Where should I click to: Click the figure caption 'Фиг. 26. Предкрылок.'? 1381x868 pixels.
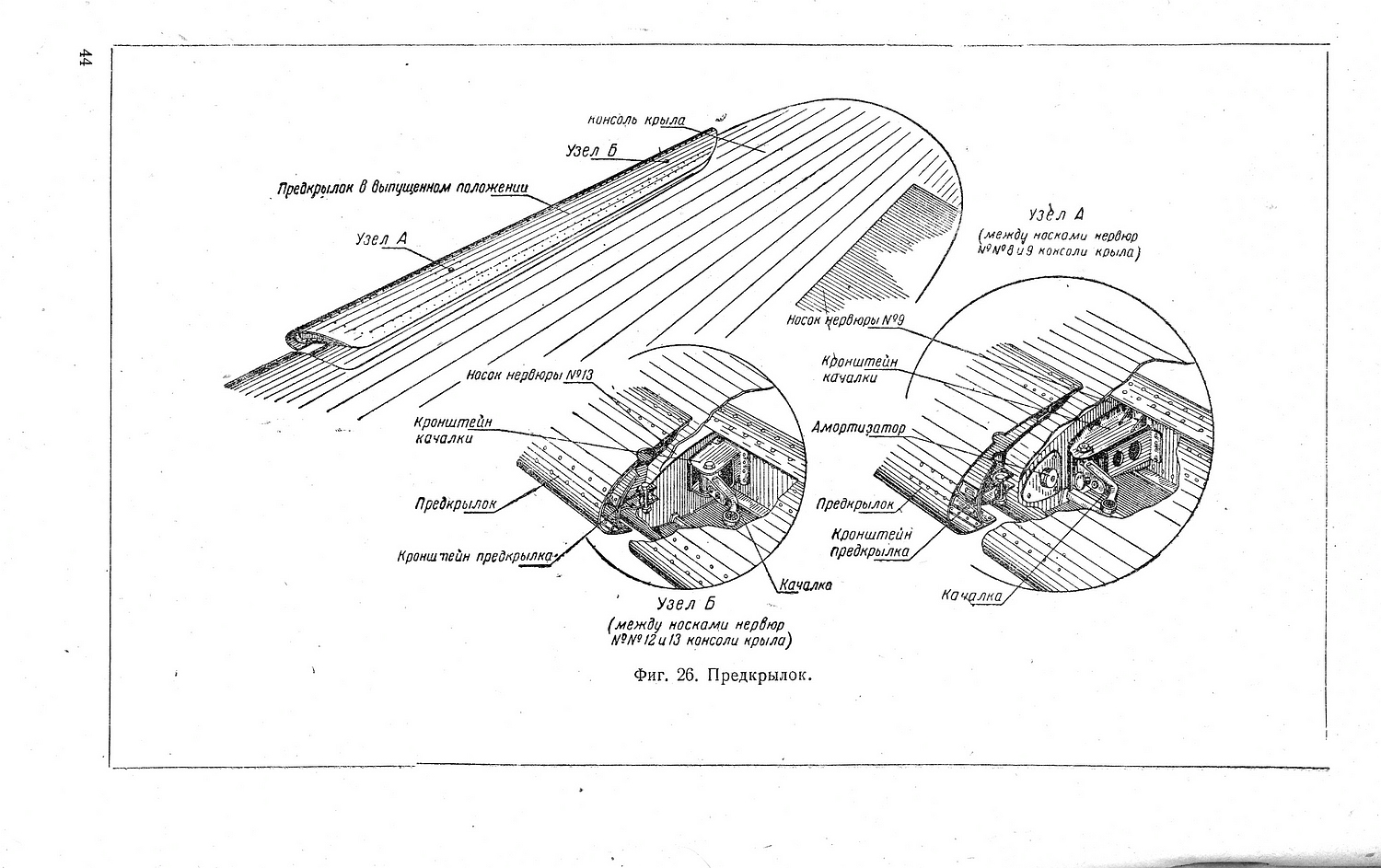pyautogui.click(x=723, y=675)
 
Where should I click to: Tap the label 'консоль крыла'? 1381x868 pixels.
pyautogui.click(x=636, y=121)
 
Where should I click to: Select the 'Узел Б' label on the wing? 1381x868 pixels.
pyautogui.click(x=591, y=151)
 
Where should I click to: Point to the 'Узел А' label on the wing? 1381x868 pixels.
pyautogui.click(x=381, y=239)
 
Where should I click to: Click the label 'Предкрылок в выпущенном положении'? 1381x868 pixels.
pyautogui.click(x=403, y=189)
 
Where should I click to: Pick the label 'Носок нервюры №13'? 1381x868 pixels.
pyautogui.click(x=529, y=376)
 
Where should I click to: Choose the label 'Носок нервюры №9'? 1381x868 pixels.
pyautogui.click(x=842, y=320)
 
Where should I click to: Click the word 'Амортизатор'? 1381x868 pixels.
pyautogui.click(x=858, y=428)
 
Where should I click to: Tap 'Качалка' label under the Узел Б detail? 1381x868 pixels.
pyautogui.click(x=806, y=584)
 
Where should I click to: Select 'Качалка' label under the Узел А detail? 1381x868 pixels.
pyautogui.click(x=971, y=596)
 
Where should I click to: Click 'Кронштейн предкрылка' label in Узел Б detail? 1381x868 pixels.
pyautogui.click(x=475, y=557)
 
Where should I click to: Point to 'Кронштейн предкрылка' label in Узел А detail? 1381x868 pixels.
pyautogui.click(x=871, y=543)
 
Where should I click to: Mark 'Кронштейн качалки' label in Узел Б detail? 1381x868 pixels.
pyautogui.click(x=452, y=430)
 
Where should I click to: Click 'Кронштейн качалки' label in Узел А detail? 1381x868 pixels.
pyautogui.click(x=859, y=369)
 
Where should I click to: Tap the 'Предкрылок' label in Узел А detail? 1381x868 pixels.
pyautogui.click(x=854, y=504)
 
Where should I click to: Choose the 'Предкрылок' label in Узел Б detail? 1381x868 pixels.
pyautogui.click(x=455, y=503)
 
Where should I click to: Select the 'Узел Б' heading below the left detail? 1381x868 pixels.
pyautogui.click(x=686, y=604)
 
